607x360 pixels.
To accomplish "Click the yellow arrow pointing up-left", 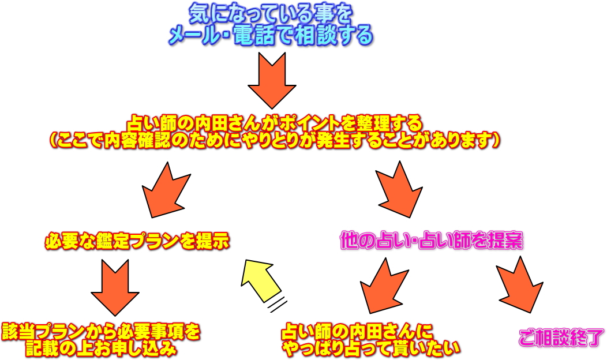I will coord(259,279).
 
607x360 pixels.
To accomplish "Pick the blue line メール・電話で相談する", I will coord(270,36).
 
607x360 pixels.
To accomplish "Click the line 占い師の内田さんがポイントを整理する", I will coord(275,123).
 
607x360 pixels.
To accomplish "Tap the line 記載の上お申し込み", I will coord(101,348).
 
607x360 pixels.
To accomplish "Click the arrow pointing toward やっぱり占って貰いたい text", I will coord(381,286).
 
